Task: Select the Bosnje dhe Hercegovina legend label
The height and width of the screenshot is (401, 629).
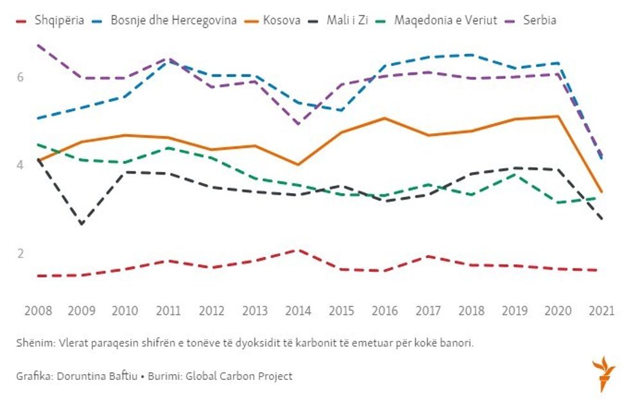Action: tap(173, 20)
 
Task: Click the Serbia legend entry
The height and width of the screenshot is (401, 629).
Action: tap(539, 20)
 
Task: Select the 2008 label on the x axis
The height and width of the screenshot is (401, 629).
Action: tap(38, 311)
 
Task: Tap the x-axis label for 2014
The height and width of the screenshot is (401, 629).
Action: tap(297, 311)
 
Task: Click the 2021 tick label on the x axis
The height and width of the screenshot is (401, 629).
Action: tap(601, 311)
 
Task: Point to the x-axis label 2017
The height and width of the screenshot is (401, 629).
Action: tap(427, 311)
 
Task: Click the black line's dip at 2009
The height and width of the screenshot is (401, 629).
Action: tap(82, 224)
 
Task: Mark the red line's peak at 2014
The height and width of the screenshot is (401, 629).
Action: tap(297, 250)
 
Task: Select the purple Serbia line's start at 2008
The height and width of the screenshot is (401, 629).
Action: tap(39, 46)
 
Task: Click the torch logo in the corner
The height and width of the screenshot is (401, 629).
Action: tap(603, 375)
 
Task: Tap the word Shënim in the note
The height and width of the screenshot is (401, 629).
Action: tap(34, 343)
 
